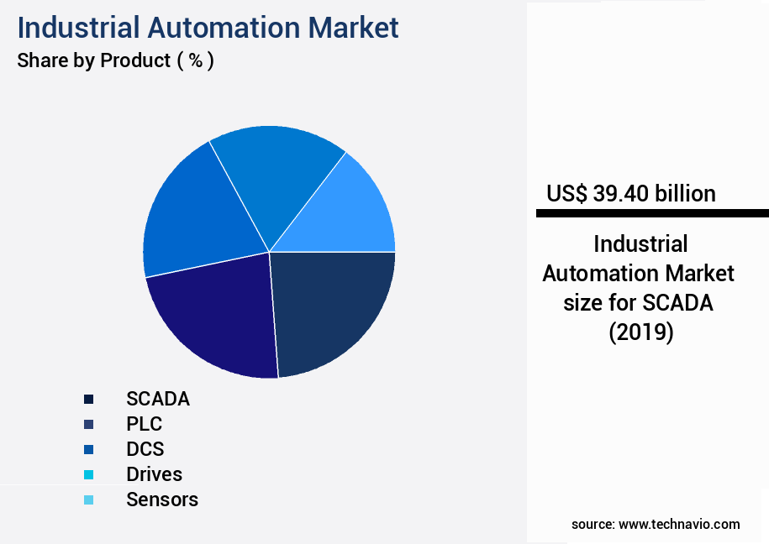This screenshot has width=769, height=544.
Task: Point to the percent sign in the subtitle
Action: [x=195, y=60]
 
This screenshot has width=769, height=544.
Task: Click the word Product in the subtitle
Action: [x=135, y=60]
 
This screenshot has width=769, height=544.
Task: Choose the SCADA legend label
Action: [x=158, y=399]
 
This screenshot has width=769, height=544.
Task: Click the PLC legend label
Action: [x=144, y=424]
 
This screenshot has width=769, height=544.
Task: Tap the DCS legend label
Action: [x=145, y=449]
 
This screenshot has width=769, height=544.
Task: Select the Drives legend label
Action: [x=154, y=474]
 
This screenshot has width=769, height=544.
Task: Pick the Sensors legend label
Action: [x=162, y=500]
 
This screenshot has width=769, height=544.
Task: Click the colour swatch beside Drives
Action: [x=88, y=474]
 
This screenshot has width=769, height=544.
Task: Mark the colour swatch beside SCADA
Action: [x=88, y=399]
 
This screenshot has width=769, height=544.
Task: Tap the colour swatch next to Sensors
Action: [x=88, y=500]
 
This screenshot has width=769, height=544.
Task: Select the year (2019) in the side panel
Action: [x=640, y=332]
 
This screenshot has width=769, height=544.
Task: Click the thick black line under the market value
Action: [x=652, y=214]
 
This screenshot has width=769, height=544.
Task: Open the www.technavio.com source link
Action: [x=679, y=524]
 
